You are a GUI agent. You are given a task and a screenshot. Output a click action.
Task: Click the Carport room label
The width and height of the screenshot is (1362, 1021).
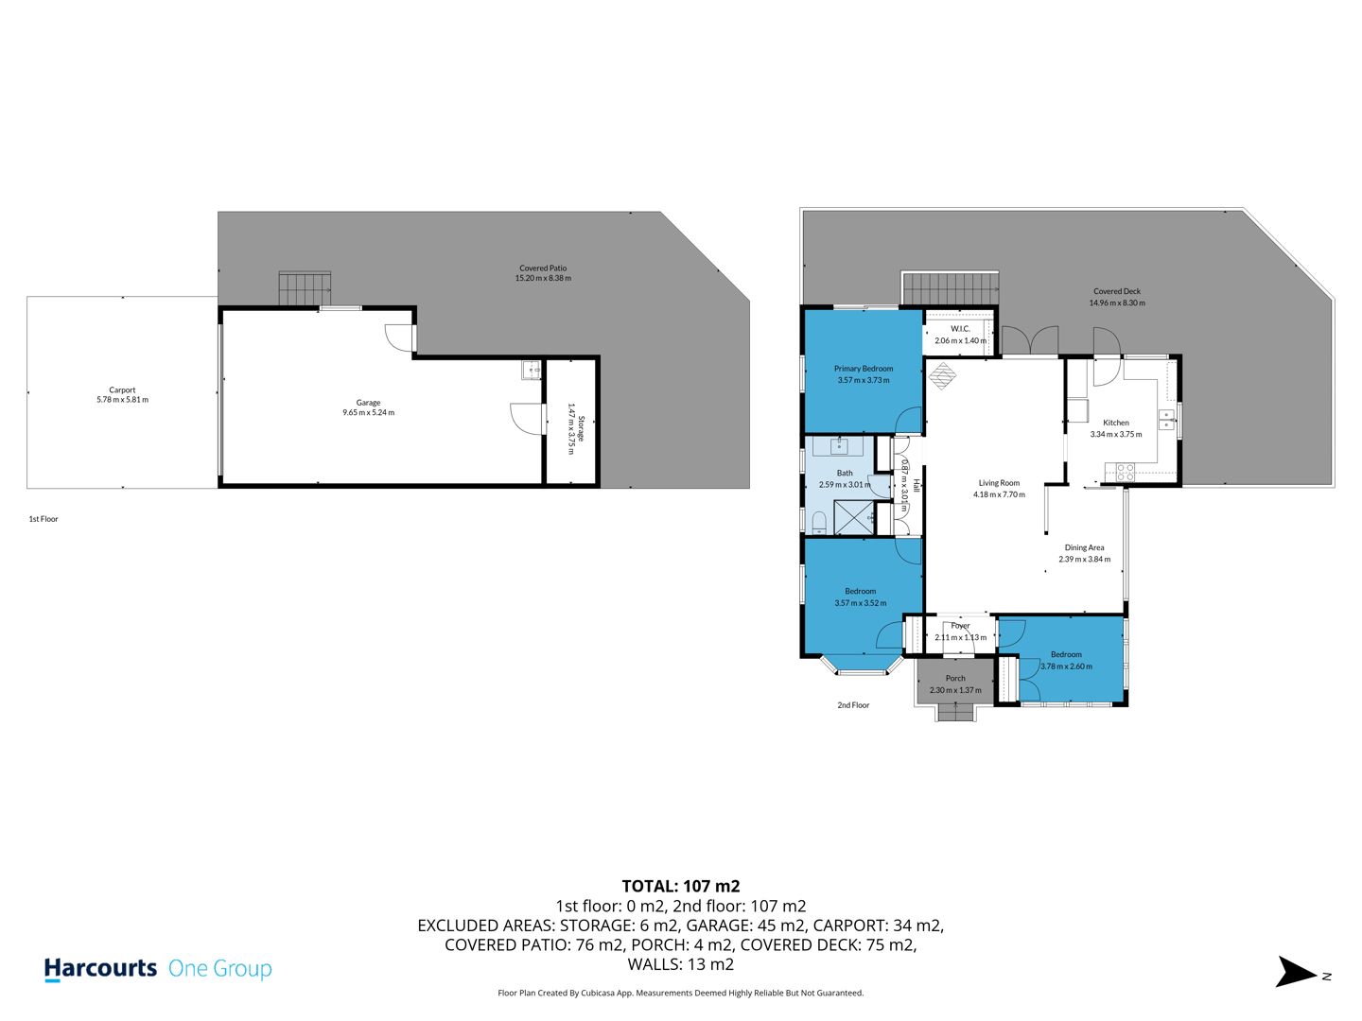122,389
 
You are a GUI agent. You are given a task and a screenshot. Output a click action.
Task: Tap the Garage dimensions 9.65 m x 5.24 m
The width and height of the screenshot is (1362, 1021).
369,412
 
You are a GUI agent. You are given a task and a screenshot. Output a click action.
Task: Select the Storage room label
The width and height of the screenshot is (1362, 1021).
582,428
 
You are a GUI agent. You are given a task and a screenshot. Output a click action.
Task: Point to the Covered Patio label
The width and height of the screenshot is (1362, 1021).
543,268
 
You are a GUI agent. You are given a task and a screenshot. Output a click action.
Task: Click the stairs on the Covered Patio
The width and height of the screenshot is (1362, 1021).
305,288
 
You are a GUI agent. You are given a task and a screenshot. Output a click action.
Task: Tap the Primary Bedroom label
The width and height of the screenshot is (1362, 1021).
864,369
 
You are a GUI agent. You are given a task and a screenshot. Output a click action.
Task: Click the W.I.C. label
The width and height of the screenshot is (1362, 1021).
960,329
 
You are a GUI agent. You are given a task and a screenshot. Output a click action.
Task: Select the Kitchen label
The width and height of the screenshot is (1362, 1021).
1116,423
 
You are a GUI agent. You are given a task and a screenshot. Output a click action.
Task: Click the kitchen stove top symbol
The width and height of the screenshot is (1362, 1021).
1125,472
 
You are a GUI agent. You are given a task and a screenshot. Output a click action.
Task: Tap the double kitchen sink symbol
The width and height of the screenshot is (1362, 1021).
1166,419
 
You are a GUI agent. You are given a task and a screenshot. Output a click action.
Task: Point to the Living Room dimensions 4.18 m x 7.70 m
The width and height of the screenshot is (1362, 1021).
999,494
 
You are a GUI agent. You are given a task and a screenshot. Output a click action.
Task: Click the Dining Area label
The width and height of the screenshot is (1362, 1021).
1084,547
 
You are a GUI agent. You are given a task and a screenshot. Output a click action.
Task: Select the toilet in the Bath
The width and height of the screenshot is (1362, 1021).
819,523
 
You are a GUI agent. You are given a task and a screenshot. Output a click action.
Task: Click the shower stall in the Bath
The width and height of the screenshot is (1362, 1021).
854,517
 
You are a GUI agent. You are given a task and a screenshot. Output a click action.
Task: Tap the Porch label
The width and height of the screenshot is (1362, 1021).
955,678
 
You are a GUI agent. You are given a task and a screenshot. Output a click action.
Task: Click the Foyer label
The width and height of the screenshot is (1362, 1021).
960,626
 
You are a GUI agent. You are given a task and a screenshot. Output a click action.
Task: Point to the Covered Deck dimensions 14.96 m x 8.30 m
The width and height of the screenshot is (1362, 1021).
1117,303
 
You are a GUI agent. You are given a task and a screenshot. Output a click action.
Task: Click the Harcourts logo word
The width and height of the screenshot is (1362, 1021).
100,968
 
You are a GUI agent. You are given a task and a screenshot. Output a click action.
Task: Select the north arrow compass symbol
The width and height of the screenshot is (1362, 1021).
1296,972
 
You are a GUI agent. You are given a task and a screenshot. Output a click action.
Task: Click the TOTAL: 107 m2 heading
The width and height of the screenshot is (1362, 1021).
681,886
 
